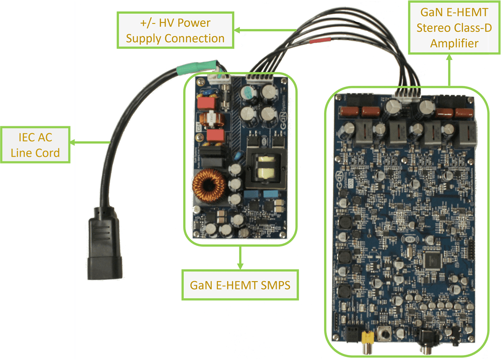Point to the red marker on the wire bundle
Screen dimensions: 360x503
[320, 41]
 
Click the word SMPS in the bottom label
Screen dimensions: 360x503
[272, 285]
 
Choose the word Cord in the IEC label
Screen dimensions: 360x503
[48, 153]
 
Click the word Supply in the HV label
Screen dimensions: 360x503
[144, 39]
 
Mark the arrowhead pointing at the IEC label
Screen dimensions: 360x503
[73, 143]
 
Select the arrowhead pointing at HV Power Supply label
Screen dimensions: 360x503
[236, 30]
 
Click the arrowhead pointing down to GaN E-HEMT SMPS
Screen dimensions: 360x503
[240, 266]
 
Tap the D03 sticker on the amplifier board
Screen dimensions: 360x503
[340, 194]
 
